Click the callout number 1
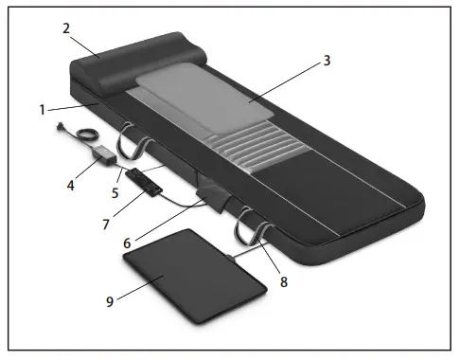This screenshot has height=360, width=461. [43, 109]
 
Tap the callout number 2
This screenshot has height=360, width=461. [66, 29]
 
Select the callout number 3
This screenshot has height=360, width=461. [326, 60]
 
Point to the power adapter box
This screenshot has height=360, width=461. [102, 151]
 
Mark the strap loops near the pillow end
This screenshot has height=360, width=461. [135, 138]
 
